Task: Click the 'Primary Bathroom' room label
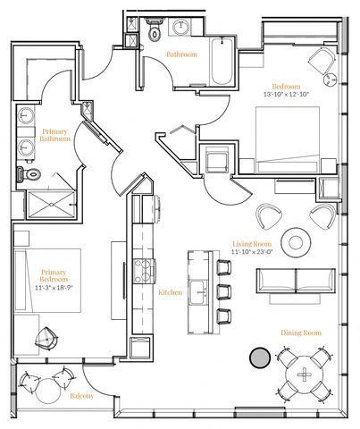[x=54, y=135]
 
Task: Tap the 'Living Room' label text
[x=252, y=244]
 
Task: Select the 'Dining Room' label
[x=301, y=332]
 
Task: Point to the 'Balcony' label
[x=82, y=396]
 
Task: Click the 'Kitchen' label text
[x=170, y=292]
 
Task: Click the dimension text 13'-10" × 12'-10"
[x=287, y=94]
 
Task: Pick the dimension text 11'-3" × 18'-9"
[x=54, y=288]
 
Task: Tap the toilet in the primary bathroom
[x=29, y=174]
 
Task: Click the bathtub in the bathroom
[x=222, y=61]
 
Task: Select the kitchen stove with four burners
[x=144, y=271]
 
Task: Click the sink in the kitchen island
[x=198, y=292]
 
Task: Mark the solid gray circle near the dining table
[x=260, y=357]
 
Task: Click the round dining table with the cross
[x=304, y=374]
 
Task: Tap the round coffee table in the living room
[x=296, y=242]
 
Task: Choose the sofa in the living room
[x=296, y=280]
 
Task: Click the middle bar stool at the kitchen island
[x=223, y=291]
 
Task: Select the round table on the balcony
[x=48, y=391]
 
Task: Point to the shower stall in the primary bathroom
[x=51, y=205]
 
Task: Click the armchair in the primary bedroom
[x=46, y=339]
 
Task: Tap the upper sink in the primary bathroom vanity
[x=26, y=114]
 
